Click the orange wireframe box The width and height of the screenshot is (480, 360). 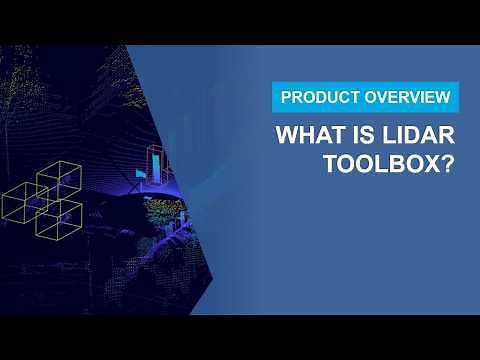(x=159, y=163)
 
